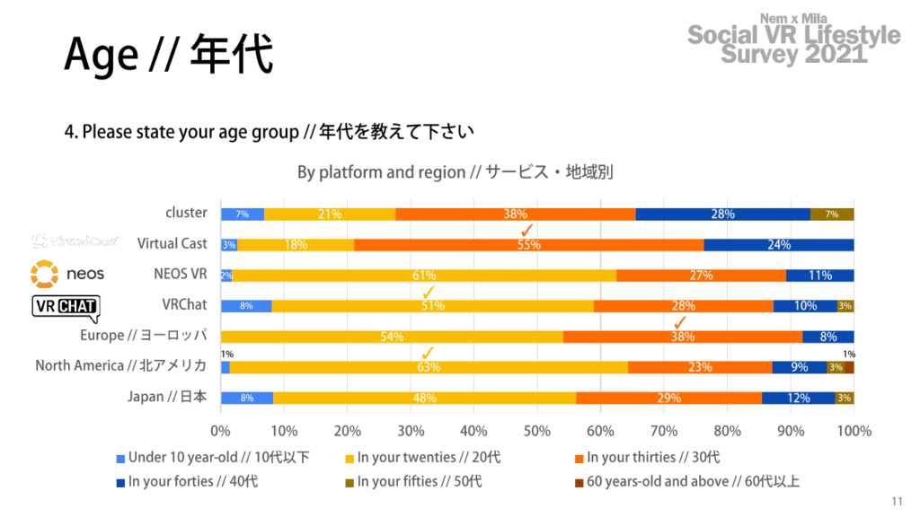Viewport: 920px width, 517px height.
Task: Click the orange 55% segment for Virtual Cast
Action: (x=528, y=245)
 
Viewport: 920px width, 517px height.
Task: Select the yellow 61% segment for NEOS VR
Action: (x=424, y=276)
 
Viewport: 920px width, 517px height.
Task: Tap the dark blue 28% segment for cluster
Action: (x=722, y=214)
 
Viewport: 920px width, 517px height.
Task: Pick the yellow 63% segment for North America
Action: (x=429, y=367)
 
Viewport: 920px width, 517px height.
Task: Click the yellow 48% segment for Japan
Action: (x=424, y=398)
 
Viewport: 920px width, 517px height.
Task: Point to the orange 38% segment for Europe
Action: (x=682, y=337)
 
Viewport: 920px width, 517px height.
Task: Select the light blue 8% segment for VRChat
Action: (x=246, y=306)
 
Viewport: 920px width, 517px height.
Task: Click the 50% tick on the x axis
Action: (x=537, y=431)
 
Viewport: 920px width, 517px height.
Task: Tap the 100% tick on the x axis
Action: (x=854, y=431)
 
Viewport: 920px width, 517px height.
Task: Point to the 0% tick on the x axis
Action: (x=221, y=431)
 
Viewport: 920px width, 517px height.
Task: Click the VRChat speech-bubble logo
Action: (x=66, y=307)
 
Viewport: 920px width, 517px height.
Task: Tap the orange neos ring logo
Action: (x=44, y=273)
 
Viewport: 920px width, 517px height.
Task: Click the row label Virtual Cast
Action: (x=172, y=243)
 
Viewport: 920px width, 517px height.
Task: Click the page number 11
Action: (x=897, y=501)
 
